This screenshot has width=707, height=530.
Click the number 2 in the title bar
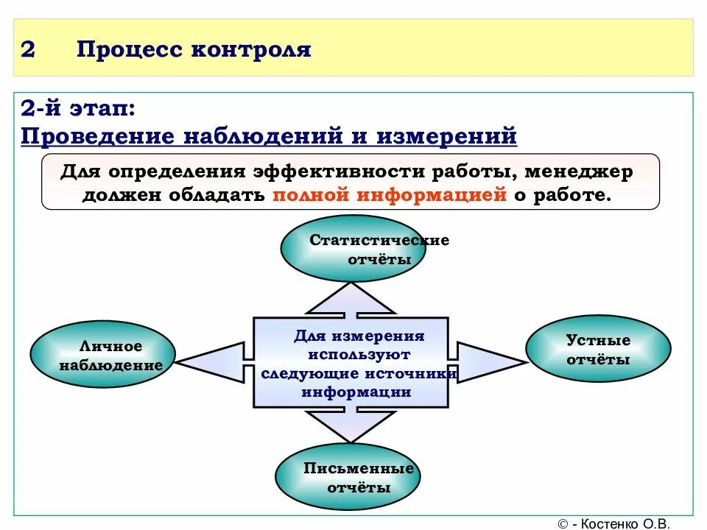28,49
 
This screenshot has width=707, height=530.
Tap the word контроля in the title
251,49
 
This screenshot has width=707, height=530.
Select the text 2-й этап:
77,109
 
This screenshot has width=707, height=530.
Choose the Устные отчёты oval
598,350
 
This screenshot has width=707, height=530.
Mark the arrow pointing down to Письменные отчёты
350,424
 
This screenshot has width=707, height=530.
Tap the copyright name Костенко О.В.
626,523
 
